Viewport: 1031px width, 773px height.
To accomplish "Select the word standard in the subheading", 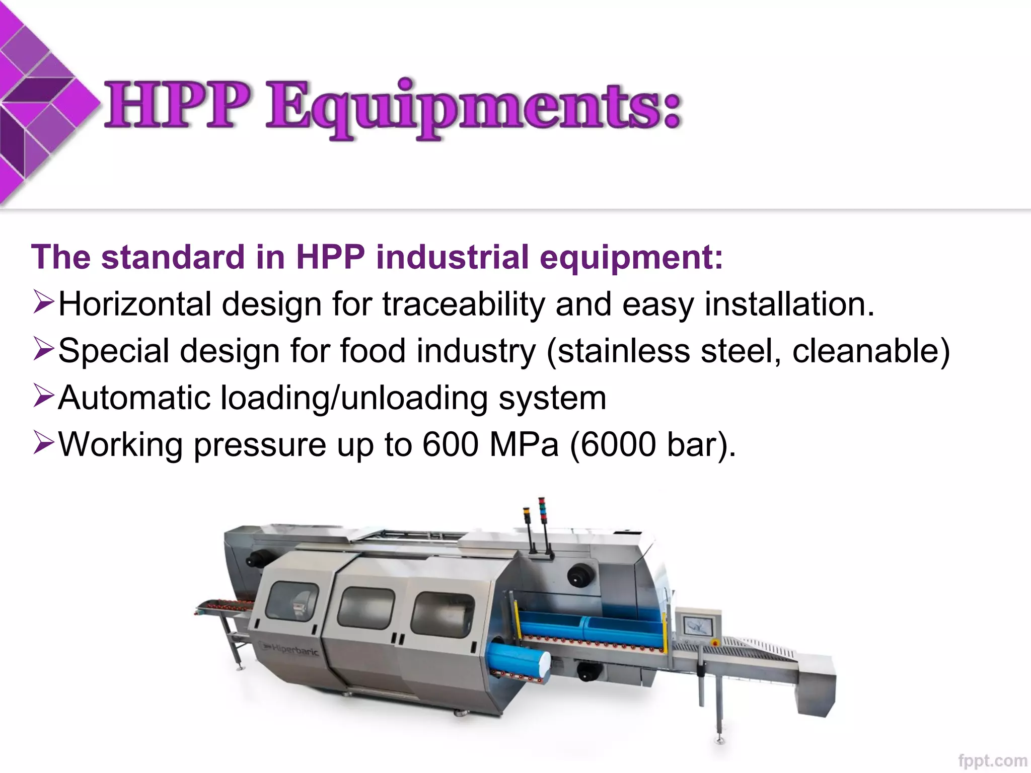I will (173, 257).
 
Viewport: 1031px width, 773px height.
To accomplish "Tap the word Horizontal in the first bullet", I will (134, 304).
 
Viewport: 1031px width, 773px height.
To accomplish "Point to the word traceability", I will (464, 304).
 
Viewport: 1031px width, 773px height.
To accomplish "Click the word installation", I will (789, 304).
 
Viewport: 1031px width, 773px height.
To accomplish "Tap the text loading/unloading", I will (354, 398).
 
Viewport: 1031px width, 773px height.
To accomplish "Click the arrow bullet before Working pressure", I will (43, 442).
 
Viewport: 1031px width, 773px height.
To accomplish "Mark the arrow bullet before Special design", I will (43, 348).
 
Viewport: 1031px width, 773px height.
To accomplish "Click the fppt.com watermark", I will (992, 760).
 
